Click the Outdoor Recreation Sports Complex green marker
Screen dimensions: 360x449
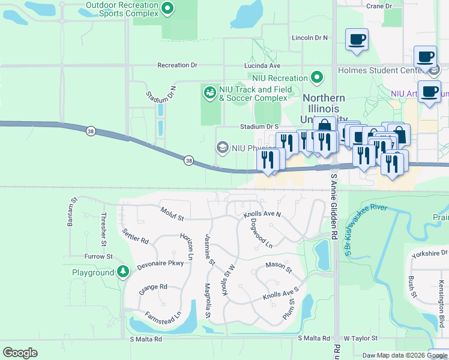coord(168,8)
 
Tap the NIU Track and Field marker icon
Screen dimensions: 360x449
coord(209,92)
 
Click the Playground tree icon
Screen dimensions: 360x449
coord(123,272)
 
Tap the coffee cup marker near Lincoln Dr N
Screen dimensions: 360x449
coord(357,40)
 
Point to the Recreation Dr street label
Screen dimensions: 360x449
coord(177,65)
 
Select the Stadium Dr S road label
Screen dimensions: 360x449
coord(260,127)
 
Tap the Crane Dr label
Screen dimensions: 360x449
coord(379,6)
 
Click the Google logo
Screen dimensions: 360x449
coord(20,352)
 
